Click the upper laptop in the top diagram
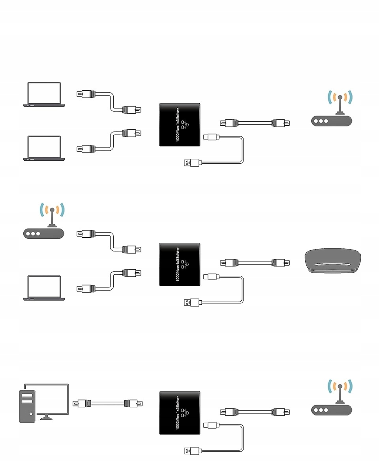[44, 95]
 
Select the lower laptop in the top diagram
[44, 148]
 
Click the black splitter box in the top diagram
[180, 125]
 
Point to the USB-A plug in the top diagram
[193, 163]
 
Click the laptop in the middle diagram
[44, 288]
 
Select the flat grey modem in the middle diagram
[332, 261]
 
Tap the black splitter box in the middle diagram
[180, 264]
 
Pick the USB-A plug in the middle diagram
[193, 303]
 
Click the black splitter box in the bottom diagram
[180, 413]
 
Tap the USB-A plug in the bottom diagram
[193, 451]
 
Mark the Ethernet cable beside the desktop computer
[107, 403]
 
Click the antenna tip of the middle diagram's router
[52, 210]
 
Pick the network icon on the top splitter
[185, 125]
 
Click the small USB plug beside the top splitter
[211, 137]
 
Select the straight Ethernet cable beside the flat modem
[255, 263]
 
